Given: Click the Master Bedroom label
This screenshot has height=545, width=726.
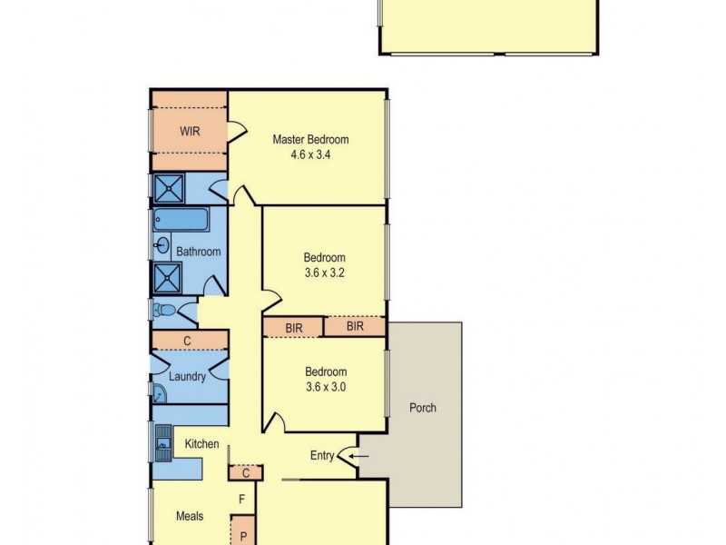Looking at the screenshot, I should (x=310, y=140).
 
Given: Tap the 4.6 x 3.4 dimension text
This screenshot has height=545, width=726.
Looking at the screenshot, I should (x=310, y=154).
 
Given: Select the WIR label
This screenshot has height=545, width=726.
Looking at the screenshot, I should (x=189, y=132).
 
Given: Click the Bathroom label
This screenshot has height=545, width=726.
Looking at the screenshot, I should (x=198, y=252).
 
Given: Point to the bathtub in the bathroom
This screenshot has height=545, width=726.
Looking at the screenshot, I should (x=181, y=221).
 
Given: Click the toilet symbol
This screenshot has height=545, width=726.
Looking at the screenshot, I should (x=164, y=311).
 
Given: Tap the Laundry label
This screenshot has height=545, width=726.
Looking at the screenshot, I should (x=187, y=376).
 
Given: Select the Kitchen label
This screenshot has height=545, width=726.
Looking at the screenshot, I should (x=201, y=444).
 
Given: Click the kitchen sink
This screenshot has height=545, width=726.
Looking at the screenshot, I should (x=163, y=444).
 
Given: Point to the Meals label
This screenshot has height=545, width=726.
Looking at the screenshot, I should (x=189, y=516).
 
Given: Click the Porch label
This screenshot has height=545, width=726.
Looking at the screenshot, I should (x=423, y=408).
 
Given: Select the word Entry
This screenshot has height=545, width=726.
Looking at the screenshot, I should (x=322, y=456).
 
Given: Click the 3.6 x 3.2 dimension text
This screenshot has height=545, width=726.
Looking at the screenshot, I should (x=325, y=272).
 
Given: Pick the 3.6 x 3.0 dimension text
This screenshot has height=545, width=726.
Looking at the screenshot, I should (x=325, y=386).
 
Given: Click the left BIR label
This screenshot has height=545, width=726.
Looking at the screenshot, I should (x=293, y=326).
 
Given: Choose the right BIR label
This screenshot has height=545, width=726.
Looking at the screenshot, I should (x=355, y=325).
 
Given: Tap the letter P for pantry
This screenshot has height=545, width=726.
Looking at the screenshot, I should (x=243, y=536).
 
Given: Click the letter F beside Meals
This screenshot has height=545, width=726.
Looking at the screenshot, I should (x=242, y=499).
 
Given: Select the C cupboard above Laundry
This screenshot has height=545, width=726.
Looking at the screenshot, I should (x=187, y=341).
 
